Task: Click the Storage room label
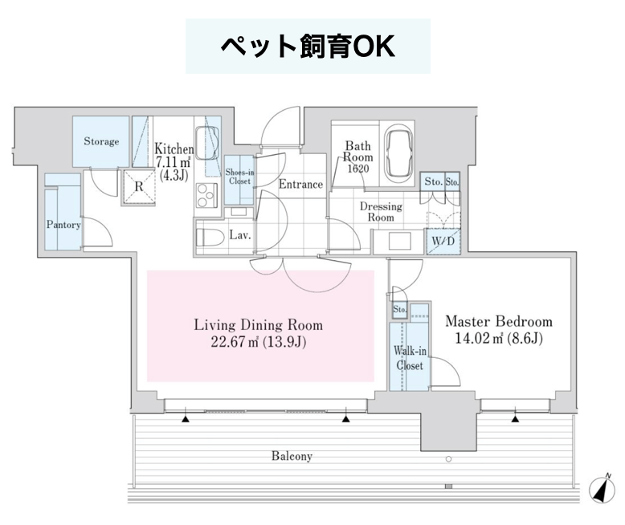[101, 141]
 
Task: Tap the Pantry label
[63, 225]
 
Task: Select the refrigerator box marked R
[138, 187]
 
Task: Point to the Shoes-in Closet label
[239, 177]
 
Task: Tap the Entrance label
[300, 185]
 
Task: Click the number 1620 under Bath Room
[358, 169]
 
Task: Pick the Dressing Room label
[381, 212]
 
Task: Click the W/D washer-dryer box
[443, 241]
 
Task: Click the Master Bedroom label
[499, 321]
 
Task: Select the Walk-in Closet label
[410, 358]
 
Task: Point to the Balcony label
[292, 456]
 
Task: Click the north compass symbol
[603, 488]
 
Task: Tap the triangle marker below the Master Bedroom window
[516, 419]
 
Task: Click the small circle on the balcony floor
[449, 459]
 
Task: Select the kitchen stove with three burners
[207, 195]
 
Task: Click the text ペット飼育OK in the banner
[308, 47]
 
